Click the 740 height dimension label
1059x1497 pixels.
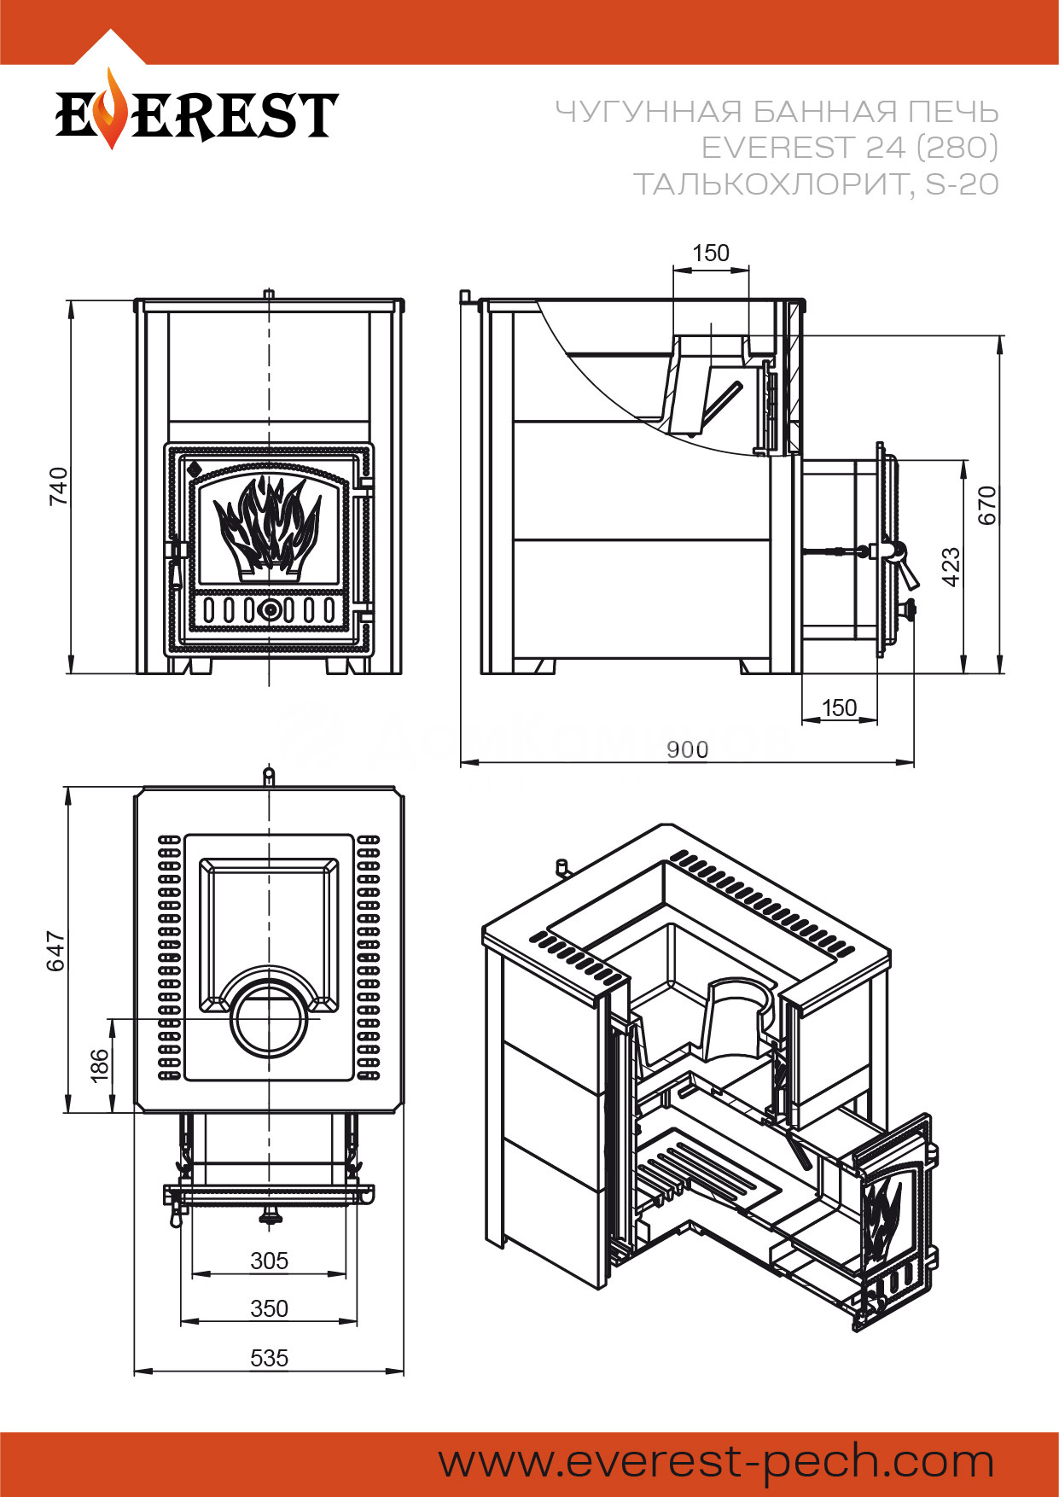point(58,486)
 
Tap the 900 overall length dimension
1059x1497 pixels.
point(687,750)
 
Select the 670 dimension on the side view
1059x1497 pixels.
point(986,505)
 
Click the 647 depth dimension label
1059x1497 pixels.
point(55,951)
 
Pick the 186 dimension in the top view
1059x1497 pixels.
point(100,1066)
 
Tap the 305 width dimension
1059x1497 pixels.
point(270,1261)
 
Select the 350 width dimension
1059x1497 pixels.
point(270,1308)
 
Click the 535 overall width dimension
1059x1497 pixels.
point(270,1358)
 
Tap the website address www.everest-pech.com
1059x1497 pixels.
point(717,1463)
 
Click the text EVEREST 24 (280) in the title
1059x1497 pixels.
point(850,148)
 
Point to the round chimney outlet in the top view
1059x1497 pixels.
point(271,1021)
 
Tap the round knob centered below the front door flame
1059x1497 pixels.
point(270,610)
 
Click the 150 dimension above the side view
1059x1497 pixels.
point(711,253)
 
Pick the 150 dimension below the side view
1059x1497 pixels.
point(839,708)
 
